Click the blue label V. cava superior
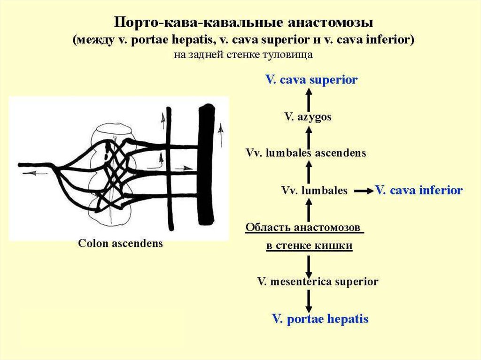(x=311, y=80)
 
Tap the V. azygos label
(x=308, y=117)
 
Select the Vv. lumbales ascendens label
(x=306, y=153)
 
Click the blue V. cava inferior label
(x=419, y=191)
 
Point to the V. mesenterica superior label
(x=318, y=282)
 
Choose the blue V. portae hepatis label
(x=320, y=319)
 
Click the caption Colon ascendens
(x=120, y=244)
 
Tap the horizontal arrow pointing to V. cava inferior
(x=362, y=191)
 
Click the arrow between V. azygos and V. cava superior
(x=309, y=98)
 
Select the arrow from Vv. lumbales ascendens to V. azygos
(x=309, y=135)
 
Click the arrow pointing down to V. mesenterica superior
(x=309, y=265)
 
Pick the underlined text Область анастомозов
(x=304, y=228)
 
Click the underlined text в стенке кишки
(x=309, y=245)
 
